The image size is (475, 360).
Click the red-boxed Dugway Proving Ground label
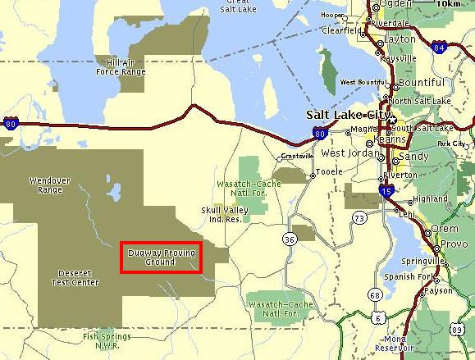[x=161, y=257]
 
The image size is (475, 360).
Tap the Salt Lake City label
[x=345, y=116]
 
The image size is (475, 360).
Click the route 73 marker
[x=359, y=217]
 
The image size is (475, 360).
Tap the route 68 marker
[x=376, y=294]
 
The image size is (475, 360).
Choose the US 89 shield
[x=458, y=329]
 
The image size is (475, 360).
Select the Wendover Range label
[x=45, y=185]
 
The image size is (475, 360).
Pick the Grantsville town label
[x=297, y=156]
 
